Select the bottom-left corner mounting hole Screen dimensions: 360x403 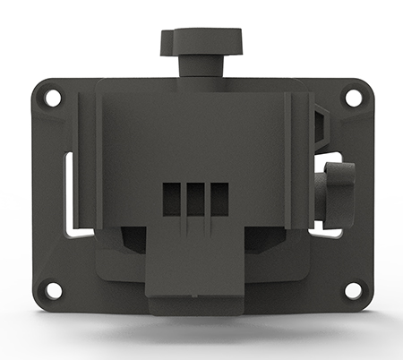tap(53, 289)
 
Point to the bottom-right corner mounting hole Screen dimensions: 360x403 tap(351, 289)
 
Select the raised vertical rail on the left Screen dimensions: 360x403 tap(87, 161)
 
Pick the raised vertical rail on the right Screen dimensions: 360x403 tap(296, 161)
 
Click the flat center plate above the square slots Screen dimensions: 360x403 tap(193, 134)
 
